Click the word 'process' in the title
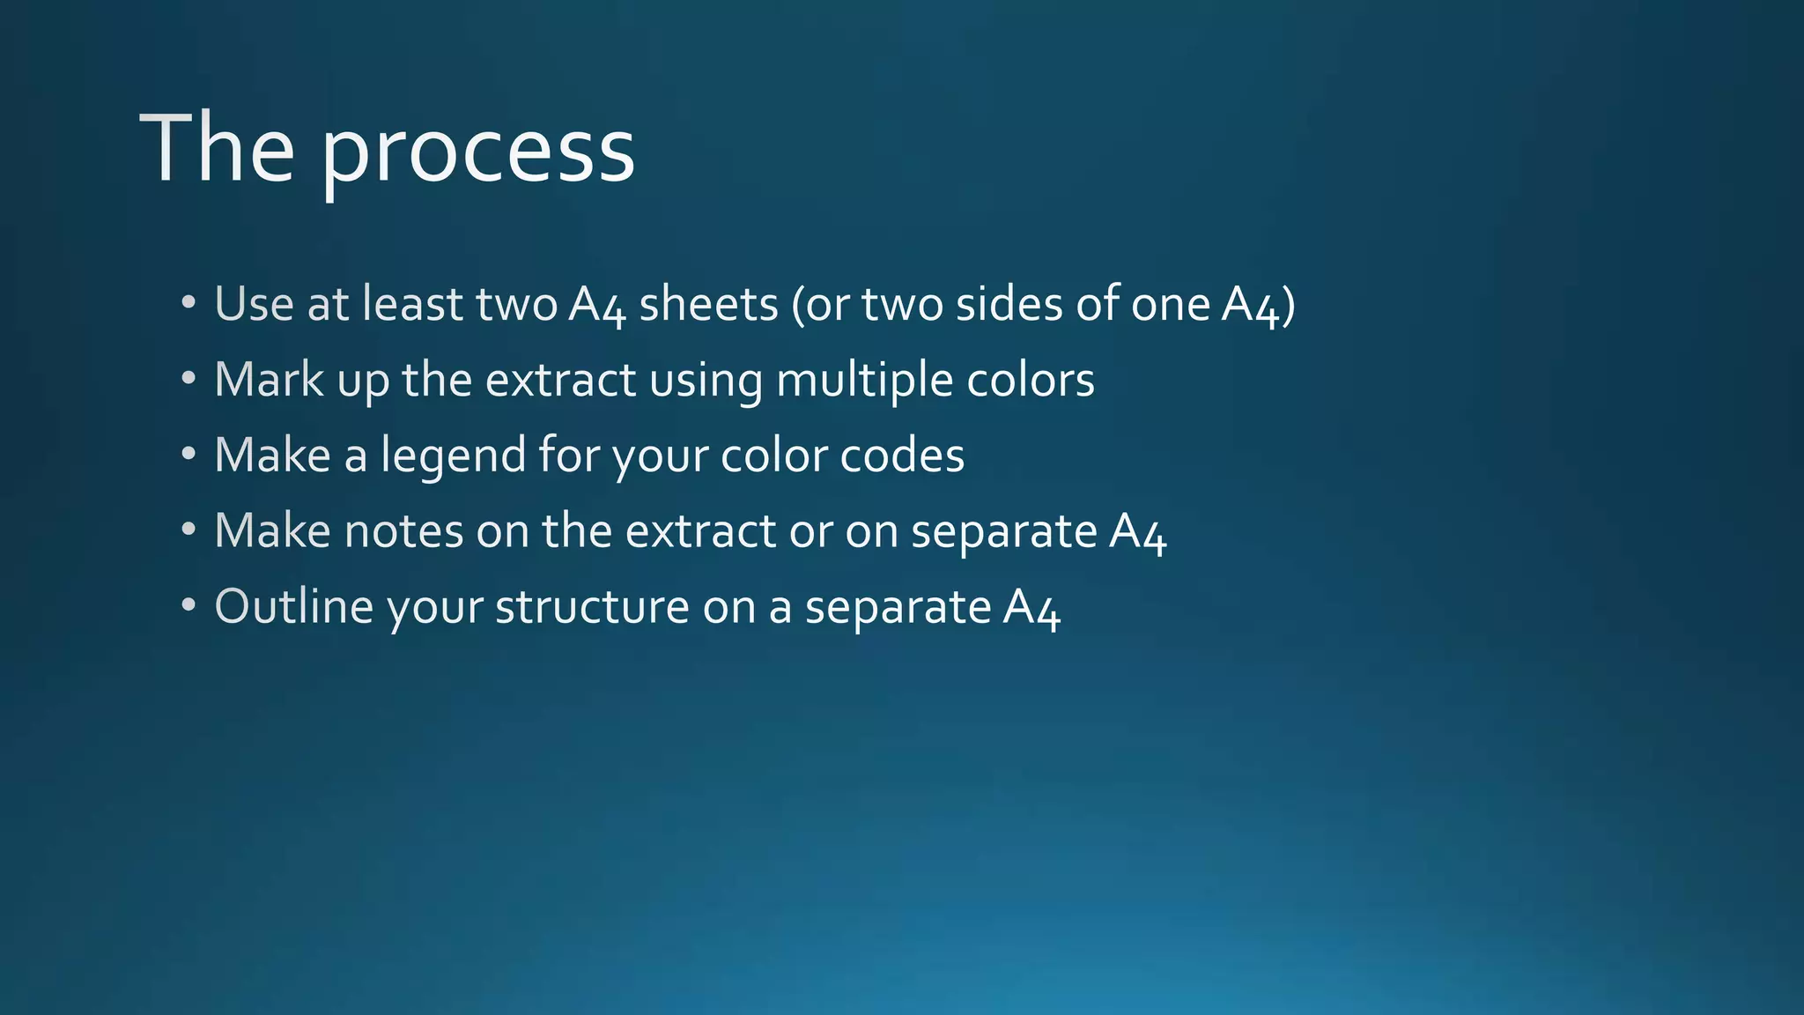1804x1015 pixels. pos(477,152)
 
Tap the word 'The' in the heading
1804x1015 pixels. pos(217,148)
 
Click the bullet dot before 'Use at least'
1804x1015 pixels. pos(188,303)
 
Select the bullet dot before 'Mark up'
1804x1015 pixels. pos(188,379)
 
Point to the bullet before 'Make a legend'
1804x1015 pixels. pos(188,455)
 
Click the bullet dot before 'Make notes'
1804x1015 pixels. pos(188,530)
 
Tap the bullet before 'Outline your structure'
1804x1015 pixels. pos(188,606)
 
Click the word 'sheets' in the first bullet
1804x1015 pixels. pos(708,304)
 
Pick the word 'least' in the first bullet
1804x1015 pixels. pos(413,304)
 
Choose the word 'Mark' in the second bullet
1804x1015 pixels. pos(269,380)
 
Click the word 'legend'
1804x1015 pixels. pos(453,456)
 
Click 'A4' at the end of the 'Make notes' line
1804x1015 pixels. pos(1137,532)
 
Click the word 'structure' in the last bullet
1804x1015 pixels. pos(592,607)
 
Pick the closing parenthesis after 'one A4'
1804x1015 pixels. pos(1289,305)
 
